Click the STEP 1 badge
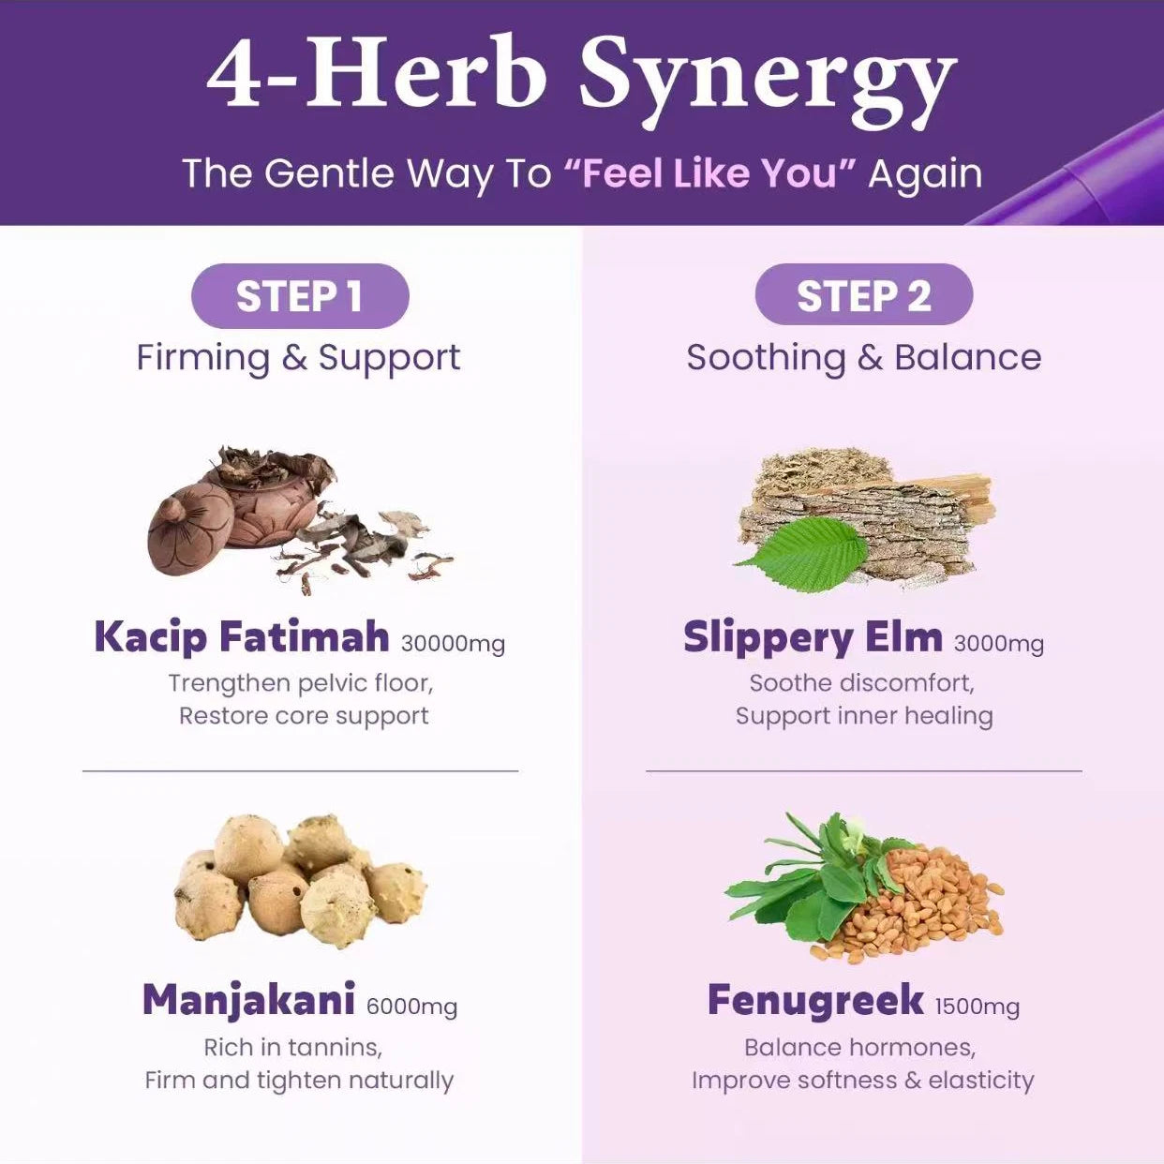point(300,296)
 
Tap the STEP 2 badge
point(864,295)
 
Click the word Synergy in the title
point(768,77)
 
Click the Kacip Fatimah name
point(242,637)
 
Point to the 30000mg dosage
point(453,644)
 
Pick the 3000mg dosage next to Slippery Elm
point(999,644)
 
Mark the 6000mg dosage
point(412,1007)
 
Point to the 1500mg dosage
point(977,1007)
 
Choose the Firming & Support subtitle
point(298,358)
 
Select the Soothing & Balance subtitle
point(864,358)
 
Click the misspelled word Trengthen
point(230,684)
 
